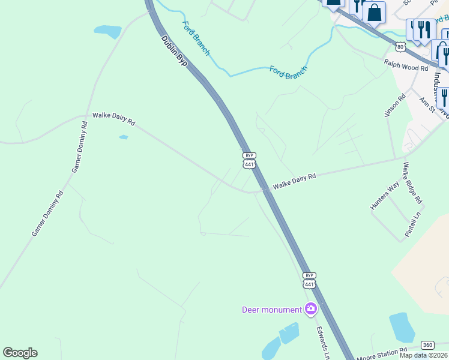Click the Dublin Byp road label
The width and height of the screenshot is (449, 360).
(175, 50)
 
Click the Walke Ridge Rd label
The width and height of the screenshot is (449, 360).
(412, 182)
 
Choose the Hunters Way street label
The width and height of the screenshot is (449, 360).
(385, 196)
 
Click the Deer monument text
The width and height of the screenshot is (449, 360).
(271, 310)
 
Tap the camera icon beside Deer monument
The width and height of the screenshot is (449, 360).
(311, 310)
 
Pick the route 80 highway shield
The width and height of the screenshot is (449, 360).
(400, 46)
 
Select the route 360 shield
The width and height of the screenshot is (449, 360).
(427, 344)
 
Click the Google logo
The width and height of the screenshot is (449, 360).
(20, 353)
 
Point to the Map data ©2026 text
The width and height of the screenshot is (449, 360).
(424, 355)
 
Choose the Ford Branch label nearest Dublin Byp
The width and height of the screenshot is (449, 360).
(196, 37)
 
